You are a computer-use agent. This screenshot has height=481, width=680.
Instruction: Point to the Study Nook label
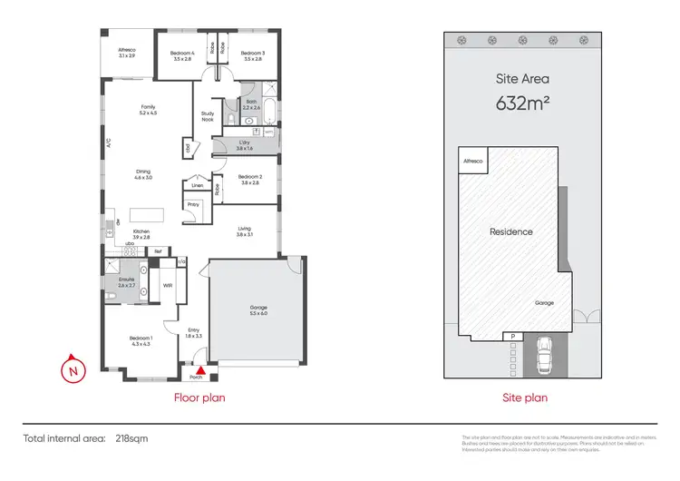(x=208, y=117)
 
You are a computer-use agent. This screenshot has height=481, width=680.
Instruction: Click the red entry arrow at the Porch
(x=201, y=369)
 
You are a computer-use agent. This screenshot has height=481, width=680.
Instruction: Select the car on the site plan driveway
(x=545, y=356)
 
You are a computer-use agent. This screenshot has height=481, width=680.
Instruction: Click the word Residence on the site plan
(x=511, y=231)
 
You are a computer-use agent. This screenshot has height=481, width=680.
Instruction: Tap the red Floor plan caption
(x=199, y=398)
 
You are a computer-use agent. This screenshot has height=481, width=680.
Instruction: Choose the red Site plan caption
(x=525, y=398)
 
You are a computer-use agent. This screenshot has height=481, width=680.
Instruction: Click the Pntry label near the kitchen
(x=192, y=205)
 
